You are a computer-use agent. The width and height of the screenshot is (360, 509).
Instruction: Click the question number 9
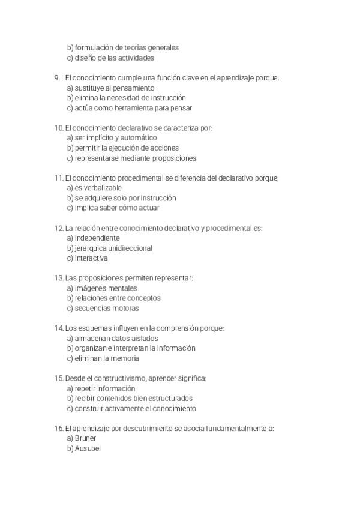tap(56, 77)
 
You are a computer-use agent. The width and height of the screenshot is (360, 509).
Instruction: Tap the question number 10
tap(58, 128)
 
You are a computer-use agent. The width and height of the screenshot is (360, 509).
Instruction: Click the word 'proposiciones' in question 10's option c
tap(173, 158)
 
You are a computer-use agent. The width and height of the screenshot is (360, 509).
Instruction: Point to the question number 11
tap(58, 178)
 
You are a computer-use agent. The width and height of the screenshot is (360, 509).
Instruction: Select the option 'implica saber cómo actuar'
tap(117, 208)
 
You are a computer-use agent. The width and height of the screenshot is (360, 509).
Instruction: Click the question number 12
tap(58, 228)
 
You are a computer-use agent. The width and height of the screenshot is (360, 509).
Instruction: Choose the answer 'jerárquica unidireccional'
tap(113, 248)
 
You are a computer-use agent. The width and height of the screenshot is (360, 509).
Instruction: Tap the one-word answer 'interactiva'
tap(91, 258)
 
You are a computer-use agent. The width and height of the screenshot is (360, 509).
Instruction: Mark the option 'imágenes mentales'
tap(107, 288)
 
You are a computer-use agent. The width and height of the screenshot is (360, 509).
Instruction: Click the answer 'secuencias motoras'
tap(107, 309)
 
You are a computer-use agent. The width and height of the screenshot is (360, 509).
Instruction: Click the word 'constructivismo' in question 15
tap(118, 378)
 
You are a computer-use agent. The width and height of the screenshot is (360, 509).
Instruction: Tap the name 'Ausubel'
tap(88, 448)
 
